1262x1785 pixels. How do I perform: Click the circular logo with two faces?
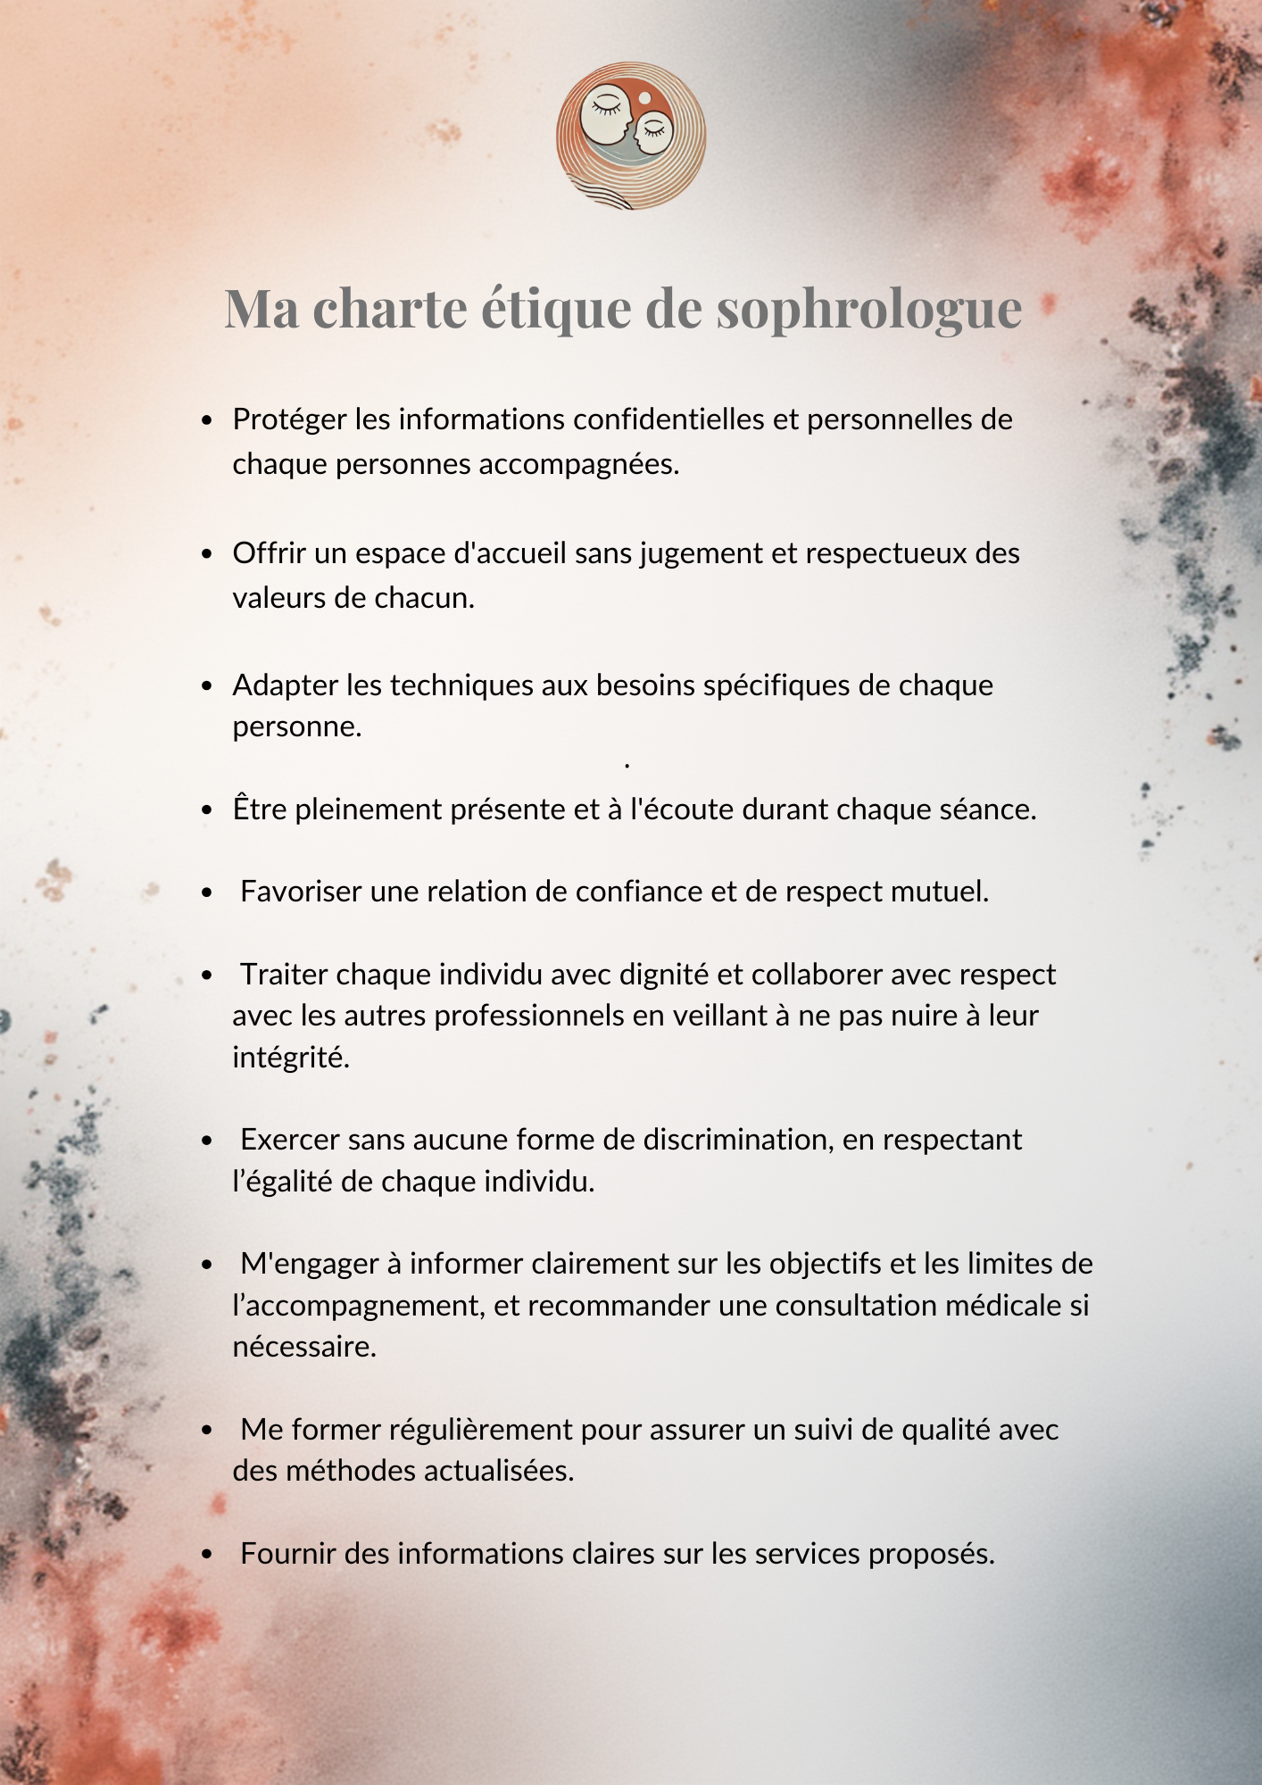(631, 136)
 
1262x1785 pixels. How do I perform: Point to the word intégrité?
(291, 1058)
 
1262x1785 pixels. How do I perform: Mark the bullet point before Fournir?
(207, 1555)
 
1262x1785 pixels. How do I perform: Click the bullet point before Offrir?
(207, 554)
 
